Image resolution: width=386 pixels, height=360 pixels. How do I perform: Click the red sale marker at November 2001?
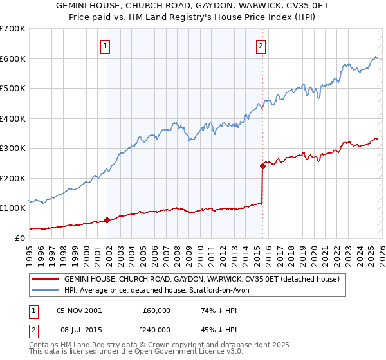click(107, 220)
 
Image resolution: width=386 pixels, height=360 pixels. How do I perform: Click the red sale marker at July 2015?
click(262, 166)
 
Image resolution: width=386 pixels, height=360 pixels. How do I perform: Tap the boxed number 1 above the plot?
click(105, 46)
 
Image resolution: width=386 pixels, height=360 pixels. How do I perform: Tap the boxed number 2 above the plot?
click(261, 46)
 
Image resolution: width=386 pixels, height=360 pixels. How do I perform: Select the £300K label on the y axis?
click(13, 148)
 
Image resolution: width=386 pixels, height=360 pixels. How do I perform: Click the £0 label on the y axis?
click(19, 238)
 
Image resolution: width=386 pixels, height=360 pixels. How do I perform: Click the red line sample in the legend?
click(46, 280)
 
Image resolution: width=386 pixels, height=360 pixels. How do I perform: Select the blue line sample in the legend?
click(46, 291)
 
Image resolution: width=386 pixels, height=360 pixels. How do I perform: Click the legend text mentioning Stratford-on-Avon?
click(161, 291)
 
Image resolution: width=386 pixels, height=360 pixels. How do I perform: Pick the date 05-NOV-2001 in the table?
click(79, 310)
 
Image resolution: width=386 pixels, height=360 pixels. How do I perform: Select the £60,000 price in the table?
click(157, 310)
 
